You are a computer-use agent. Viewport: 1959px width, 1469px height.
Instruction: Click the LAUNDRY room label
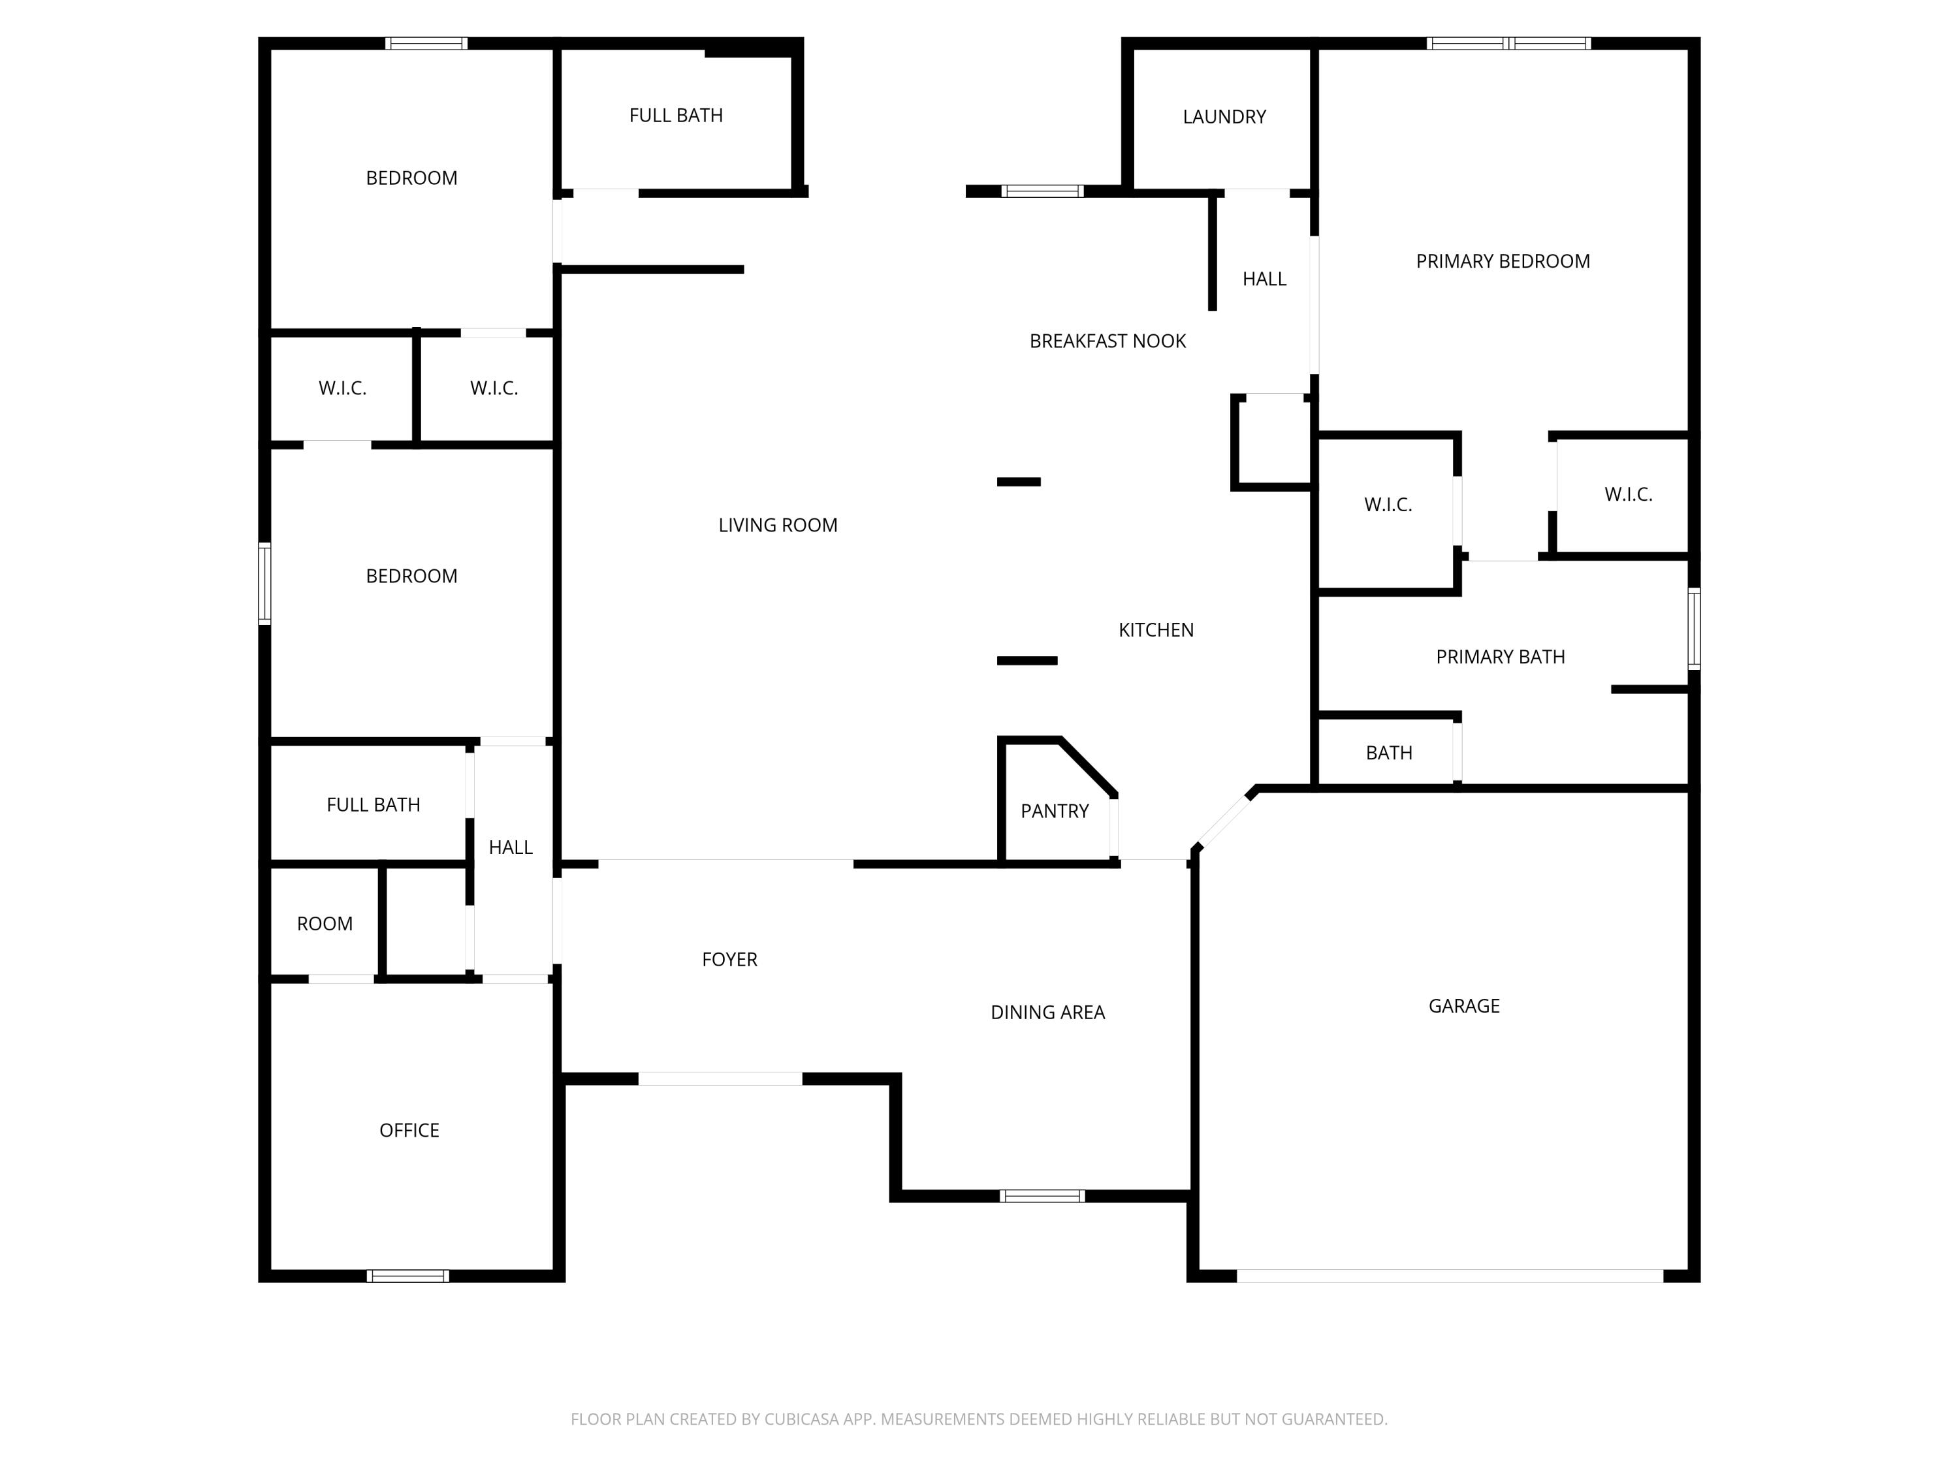[x=1224, y=117]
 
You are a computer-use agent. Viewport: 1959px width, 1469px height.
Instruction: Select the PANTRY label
[x=1054, y=811]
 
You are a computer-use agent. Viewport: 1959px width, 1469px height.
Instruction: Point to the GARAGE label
[x=1463, y=1006]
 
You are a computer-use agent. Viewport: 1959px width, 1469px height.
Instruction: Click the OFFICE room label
[x=409, y=1130]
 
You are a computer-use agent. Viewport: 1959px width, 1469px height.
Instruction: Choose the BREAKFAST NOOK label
[x=1107, y=341]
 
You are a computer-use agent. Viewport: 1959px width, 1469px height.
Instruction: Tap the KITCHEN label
[x=1156, y=629]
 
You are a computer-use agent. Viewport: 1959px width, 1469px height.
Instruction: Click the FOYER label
[x=729, y=959]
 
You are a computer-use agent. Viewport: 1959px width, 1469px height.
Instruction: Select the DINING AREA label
[x=1047, y=1012]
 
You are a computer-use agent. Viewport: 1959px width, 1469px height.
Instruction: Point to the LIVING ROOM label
[x=778, y=525]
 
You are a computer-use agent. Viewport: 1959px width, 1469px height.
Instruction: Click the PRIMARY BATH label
[x=1500, y=657]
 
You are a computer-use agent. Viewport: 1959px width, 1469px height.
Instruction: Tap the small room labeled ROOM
[x=324, y=924]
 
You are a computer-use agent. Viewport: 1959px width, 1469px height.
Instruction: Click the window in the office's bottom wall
[x=408, y=1276]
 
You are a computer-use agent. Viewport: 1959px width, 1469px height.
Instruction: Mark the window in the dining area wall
[x=1042, y=1196]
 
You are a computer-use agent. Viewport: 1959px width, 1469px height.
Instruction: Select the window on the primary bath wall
[x=1693, y=629]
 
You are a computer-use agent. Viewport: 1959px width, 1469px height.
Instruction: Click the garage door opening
[x=1450, y=1276]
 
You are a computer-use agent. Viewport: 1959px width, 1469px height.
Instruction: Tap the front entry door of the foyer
[x=720, y=1079]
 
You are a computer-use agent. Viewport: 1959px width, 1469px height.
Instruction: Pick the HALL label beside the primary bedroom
[x=1264, y=279]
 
